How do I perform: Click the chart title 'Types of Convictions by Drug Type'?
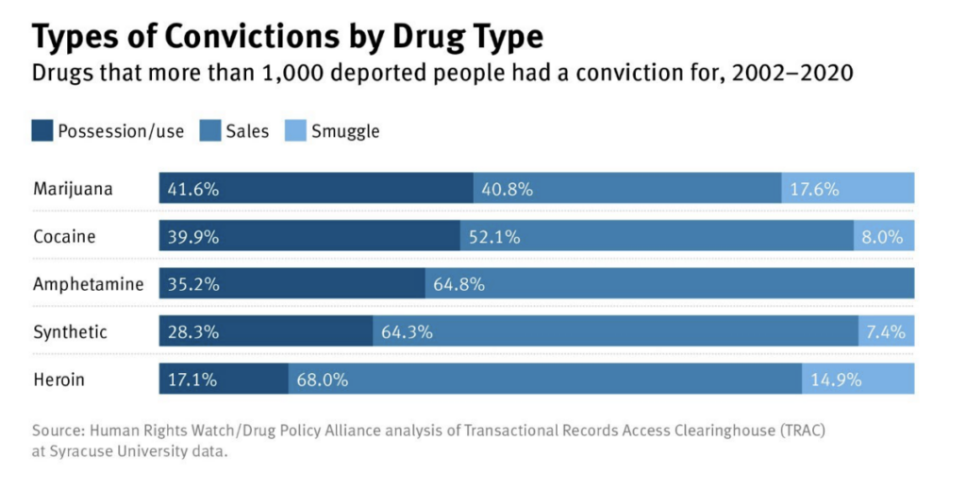coord(287,37)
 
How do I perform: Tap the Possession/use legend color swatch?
coord(42,130)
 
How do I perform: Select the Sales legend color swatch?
coord(209,130)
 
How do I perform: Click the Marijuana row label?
coord(73,188)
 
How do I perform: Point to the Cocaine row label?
coord(64,236)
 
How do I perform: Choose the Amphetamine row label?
coord(88,283)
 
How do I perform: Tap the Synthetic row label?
coord(70,331)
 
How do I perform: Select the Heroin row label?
coord(58,380)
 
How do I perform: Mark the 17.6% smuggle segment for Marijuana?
coord(847,188)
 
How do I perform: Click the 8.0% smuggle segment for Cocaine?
coord(884,236)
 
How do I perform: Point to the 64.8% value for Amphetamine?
coord(459,283)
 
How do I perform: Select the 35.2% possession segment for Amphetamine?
coord(291,283)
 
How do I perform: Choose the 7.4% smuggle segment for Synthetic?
coord(886,331)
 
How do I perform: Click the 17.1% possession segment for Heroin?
coord(224,380)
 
